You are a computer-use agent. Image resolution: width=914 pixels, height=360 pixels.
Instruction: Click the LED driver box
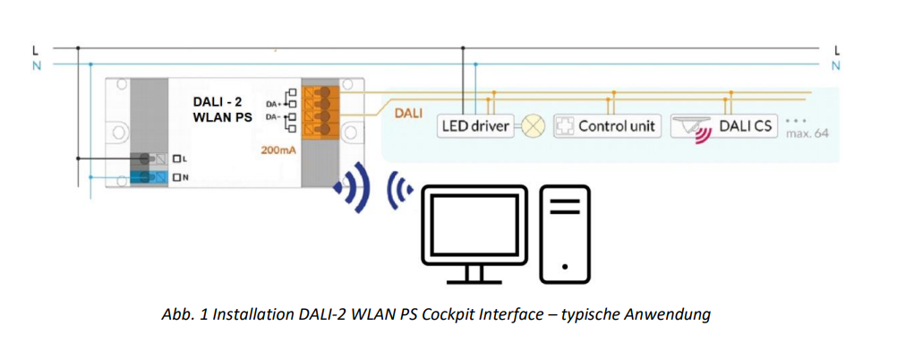click(x=474, y=126)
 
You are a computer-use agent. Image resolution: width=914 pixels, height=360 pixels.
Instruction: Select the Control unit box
click(x=606, y=126)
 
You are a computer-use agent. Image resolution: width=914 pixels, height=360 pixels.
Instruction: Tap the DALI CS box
click(x=722, y=126)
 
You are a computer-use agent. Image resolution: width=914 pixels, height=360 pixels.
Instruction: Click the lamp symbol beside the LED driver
click(x=534, y=126)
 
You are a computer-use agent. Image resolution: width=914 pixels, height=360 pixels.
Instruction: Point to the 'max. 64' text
click(x=808, y=133)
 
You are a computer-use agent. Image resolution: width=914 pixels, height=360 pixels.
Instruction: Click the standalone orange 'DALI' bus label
click(x=408, y=114)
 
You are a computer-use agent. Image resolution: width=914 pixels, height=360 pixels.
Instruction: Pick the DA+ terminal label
click(x=272, y=103)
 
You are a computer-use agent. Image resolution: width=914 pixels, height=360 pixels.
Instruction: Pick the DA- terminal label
click(x=272, y=118)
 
